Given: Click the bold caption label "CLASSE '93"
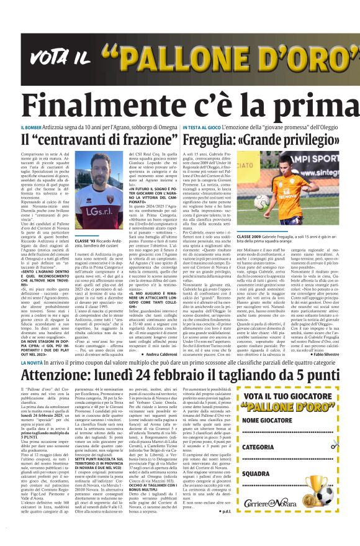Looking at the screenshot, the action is (84, 240).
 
